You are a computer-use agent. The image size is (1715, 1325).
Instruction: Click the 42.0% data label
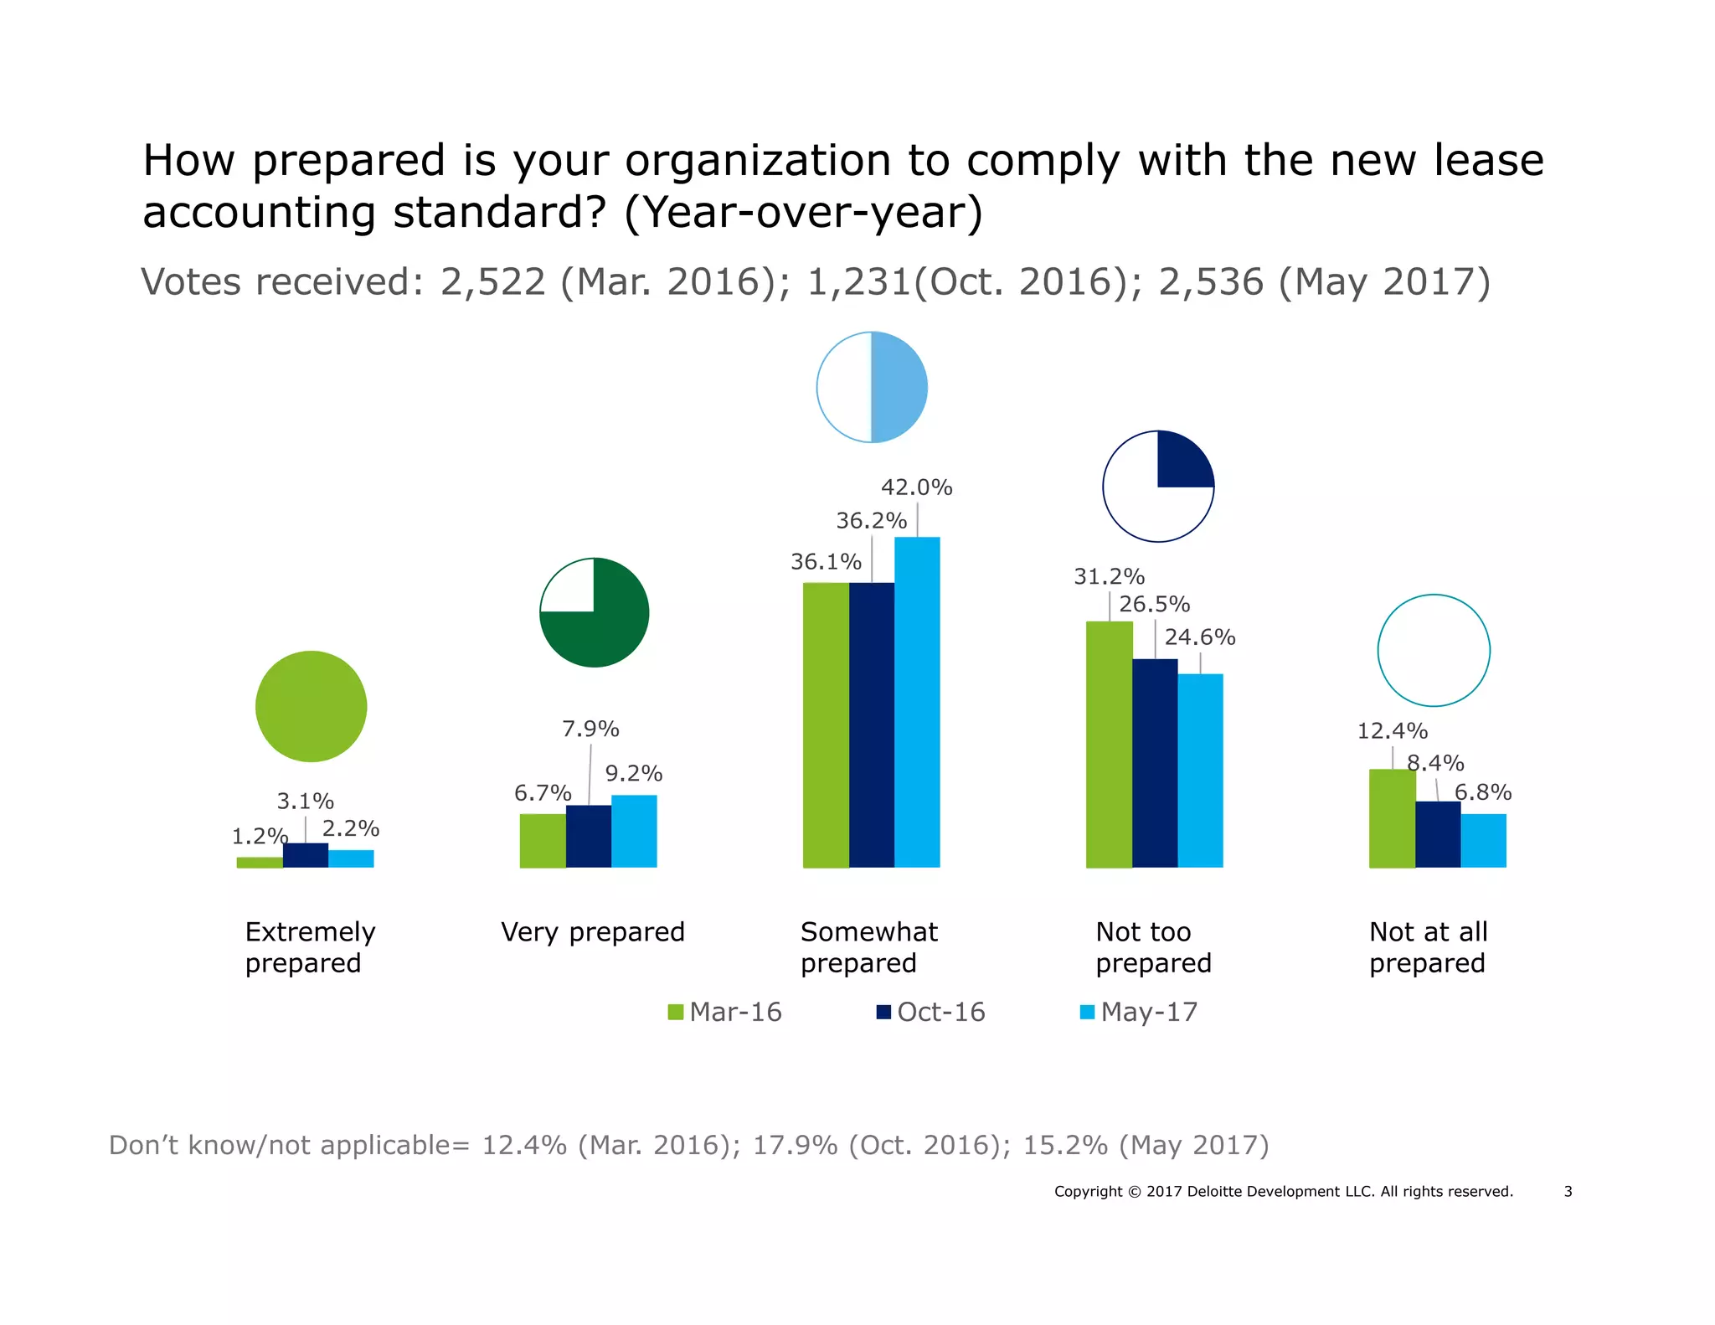(916, 487)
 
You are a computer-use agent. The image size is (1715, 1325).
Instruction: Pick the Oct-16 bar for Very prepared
(589, 836)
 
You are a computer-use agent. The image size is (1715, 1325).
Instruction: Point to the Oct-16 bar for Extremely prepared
(306, 855)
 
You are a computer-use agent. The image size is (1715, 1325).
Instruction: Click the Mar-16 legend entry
(725, 1012)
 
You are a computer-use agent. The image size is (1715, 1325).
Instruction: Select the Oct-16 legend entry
(930, 1012)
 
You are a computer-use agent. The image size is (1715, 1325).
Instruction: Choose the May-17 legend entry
(1139, 1012)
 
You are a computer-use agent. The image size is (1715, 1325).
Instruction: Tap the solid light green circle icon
(311, 706)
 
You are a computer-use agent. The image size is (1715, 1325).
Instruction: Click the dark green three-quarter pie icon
(594, 612)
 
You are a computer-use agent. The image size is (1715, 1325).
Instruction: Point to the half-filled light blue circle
(872, 387)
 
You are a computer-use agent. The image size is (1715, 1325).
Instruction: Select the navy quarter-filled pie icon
(1158, 486)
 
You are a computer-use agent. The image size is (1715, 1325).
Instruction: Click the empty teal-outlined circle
(1434, 650)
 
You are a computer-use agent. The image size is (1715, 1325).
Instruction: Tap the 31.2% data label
(1109, 576)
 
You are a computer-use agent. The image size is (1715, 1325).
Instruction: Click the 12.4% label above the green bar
(1392, 731)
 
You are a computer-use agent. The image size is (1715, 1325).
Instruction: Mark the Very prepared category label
(593, 931)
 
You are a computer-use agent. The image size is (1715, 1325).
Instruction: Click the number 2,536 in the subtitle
(1210, 281)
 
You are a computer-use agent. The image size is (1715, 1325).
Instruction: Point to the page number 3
(1568, 1191)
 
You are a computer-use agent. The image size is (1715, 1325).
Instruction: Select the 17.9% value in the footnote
(795, 1145)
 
